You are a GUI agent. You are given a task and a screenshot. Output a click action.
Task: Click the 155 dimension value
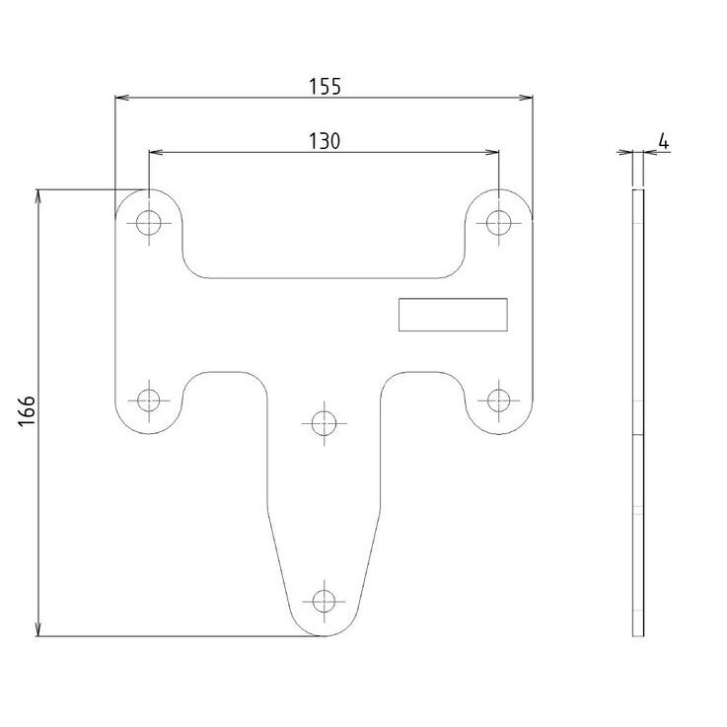[x=325, y=87]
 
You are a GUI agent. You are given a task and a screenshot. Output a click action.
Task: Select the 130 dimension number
[x=325, y=141]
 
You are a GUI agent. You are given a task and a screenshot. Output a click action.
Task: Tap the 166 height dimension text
[x=27, y=410]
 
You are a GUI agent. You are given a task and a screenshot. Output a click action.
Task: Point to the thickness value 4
[x=664, y=141]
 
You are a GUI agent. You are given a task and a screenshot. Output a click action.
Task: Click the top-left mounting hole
[x=149, y=223]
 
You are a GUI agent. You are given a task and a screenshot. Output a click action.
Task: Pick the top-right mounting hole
[x=499, y=223]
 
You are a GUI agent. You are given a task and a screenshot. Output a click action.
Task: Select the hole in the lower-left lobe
[x=149, y=400]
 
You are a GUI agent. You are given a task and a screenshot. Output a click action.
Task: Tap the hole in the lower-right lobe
[x=499, y=400]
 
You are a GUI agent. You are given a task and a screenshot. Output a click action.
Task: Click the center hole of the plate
[x=325, y=423]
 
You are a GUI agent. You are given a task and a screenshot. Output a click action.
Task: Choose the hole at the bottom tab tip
[x=325, y=602]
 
